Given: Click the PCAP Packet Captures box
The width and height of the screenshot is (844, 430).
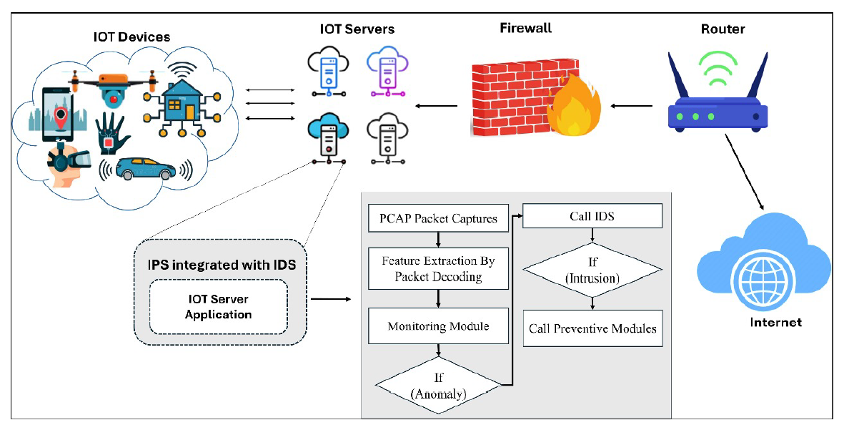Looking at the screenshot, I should coord(438,218).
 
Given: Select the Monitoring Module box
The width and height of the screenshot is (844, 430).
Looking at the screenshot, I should coord(438,326).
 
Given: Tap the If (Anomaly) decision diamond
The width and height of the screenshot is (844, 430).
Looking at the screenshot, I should coord(438,386).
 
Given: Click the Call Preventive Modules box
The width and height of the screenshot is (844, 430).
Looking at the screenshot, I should coord(592,329).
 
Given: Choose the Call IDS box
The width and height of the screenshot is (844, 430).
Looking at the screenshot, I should coord(592,217).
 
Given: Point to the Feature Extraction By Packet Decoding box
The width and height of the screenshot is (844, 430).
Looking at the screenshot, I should coord(438,268).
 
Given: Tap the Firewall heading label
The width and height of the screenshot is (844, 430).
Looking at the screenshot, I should coord(525,29).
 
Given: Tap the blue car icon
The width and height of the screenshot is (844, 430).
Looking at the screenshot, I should coord(146,169).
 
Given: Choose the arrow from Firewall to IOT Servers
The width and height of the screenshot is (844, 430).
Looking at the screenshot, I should coord(437,108).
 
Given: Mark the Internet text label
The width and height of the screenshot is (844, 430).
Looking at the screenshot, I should coord(775,323).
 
